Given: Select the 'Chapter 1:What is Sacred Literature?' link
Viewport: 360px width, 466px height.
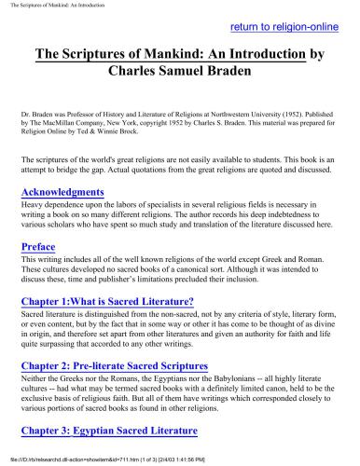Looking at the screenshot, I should tap(107, 301).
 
